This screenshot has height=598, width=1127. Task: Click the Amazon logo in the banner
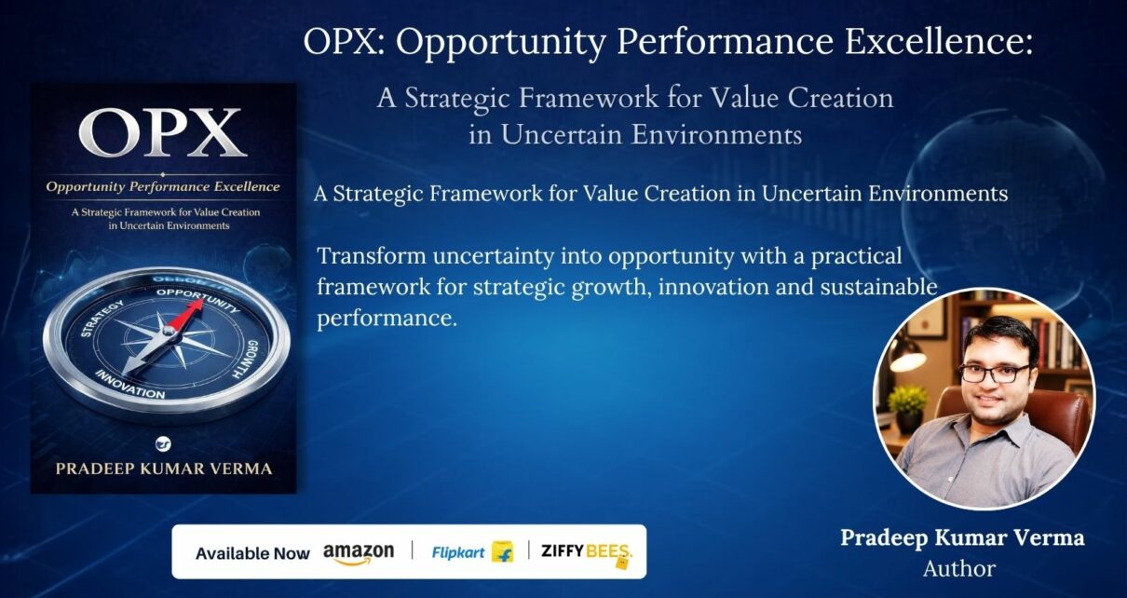359,553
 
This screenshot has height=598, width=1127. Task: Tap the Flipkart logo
472,552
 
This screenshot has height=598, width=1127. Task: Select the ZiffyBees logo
587,553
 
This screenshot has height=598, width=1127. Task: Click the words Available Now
252,553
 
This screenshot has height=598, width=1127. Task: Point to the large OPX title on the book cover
162,132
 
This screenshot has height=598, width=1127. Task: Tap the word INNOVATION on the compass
129,385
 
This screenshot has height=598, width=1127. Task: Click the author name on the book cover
164,469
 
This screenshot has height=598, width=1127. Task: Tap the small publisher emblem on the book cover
163,443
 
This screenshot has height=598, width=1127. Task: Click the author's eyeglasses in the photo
994,374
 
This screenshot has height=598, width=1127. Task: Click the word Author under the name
959,569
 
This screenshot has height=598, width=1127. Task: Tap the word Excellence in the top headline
939,41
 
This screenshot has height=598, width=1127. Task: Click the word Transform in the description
372,256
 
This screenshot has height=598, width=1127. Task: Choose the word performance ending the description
387,319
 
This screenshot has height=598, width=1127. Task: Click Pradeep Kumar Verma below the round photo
962,537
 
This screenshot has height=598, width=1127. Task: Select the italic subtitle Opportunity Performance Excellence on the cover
162,186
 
